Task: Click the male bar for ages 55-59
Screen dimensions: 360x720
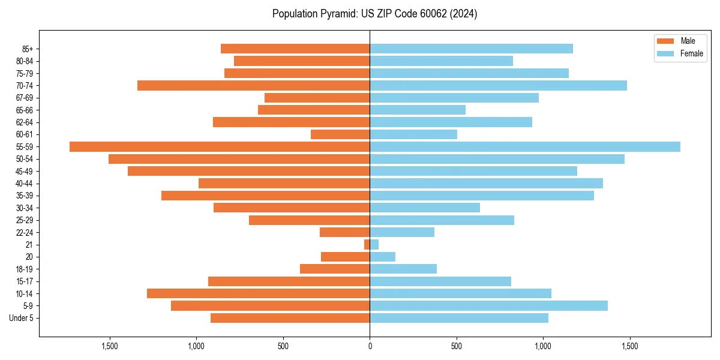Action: [220, 146]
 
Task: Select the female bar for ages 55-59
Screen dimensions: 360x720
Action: [525, 146]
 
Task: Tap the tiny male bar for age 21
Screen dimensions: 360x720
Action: [367, 244]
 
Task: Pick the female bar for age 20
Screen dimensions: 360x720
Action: [383, 257]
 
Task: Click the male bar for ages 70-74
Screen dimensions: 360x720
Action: [253, 85]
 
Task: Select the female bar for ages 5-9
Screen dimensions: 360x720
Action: [488, 305]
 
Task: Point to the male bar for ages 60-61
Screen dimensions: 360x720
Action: [340, 134]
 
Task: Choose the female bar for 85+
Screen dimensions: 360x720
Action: [471, 49]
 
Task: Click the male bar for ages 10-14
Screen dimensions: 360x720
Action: [258, 293]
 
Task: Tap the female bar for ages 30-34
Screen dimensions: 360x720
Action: [425, 208]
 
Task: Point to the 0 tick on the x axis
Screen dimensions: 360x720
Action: [370, 346]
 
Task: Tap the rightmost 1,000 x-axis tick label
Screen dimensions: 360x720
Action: [543, 346]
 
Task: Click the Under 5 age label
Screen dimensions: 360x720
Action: [22, 318]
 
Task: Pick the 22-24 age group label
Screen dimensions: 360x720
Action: [25, 232]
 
